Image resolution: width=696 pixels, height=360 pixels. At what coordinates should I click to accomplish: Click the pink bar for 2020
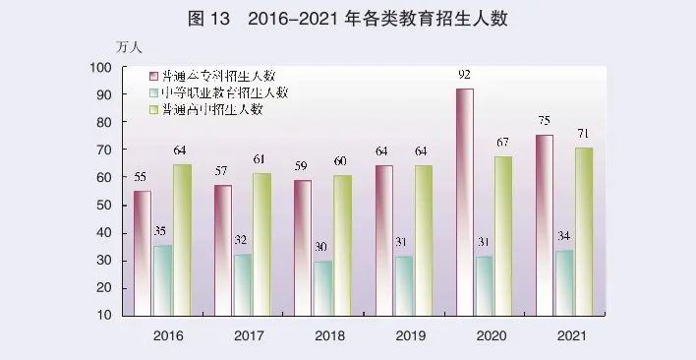(464, 202)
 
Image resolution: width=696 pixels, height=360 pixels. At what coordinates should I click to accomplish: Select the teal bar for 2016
(162, 280)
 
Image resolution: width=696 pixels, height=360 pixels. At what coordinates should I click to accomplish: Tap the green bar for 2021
(584, 231)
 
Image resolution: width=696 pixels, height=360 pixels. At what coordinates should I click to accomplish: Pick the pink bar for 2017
(223, 250)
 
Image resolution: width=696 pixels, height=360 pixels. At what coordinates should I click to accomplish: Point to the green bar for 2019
(423, 240)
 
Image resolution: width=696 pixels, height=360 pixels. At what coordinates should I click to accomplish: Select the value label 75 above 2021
(544, 121)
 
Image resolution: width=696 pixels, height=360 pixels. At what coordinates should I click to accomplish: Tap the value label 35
(162, 231)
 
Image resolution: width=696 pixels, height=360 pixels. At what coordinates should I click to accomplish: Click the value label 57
(223, 171)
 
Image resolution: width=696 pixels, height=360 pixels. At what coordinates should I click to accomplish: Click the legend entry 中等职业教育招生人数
(224, 92)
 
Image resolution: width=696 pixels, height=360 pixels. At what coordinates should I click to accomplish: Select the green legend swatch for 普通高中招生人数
(154, 109)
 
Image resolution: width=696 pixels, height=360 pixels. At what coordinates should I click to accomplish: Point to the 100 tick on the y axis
(100, 67)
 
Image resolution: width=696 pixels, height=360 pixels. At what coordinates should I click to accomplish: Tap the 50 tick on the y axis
(103, 205)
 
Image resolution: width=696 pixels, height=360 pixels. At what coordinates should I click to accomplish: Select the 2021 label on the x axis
(570, 336)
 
